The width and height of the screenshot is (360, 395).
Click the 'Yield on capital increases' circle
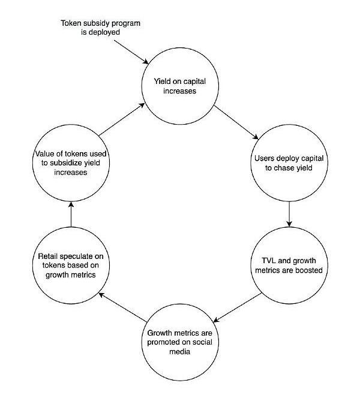click(x=180, y=86)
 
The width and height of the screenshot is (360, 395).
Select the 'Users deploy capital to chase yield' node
click(x=289, y=163)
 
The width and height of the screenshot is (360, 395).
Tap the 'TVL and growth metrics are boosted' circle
click(x=289, y=266)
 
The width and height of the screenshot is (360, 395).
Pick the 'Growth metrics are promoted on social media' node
click(x=180, y=342)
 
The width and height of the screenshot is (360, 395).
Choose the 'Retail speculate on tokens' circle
click(x=71, y=266)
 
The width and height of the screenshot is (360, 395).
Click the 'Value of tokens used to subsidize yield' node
click(x=71, y=163)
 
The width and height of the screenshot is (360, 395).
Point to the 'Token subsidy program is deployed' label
click(x=101, y=28)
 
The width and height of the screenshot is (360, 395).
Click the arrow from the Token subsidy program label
click(x=131, y=52)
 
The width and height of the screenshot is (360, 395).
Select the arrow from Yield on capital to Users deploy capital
click(x=236, y=122)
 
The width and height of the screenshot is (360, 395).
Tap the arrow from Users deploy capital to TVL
click(x=289, y=214)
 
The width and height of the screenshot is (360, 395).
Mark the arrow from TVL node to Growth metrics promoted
click(x=237, y=307)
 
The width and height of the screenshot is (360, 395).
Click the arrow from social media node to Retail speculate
click(x=122, y=307)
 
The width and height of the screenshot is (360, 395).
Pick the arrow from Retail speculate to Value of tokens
click(x=71, y=214)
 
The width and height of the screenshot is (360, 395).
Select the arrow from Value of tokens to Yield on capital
click(x=122, y=119)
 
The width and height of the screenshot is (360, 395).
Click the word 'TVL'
click(x=269, y=261)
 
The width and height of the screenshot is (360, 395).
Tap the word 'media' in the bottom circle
click(x=180, y=351)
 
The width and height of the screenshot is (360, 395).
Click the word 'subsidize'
click(x=66, y=163)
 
